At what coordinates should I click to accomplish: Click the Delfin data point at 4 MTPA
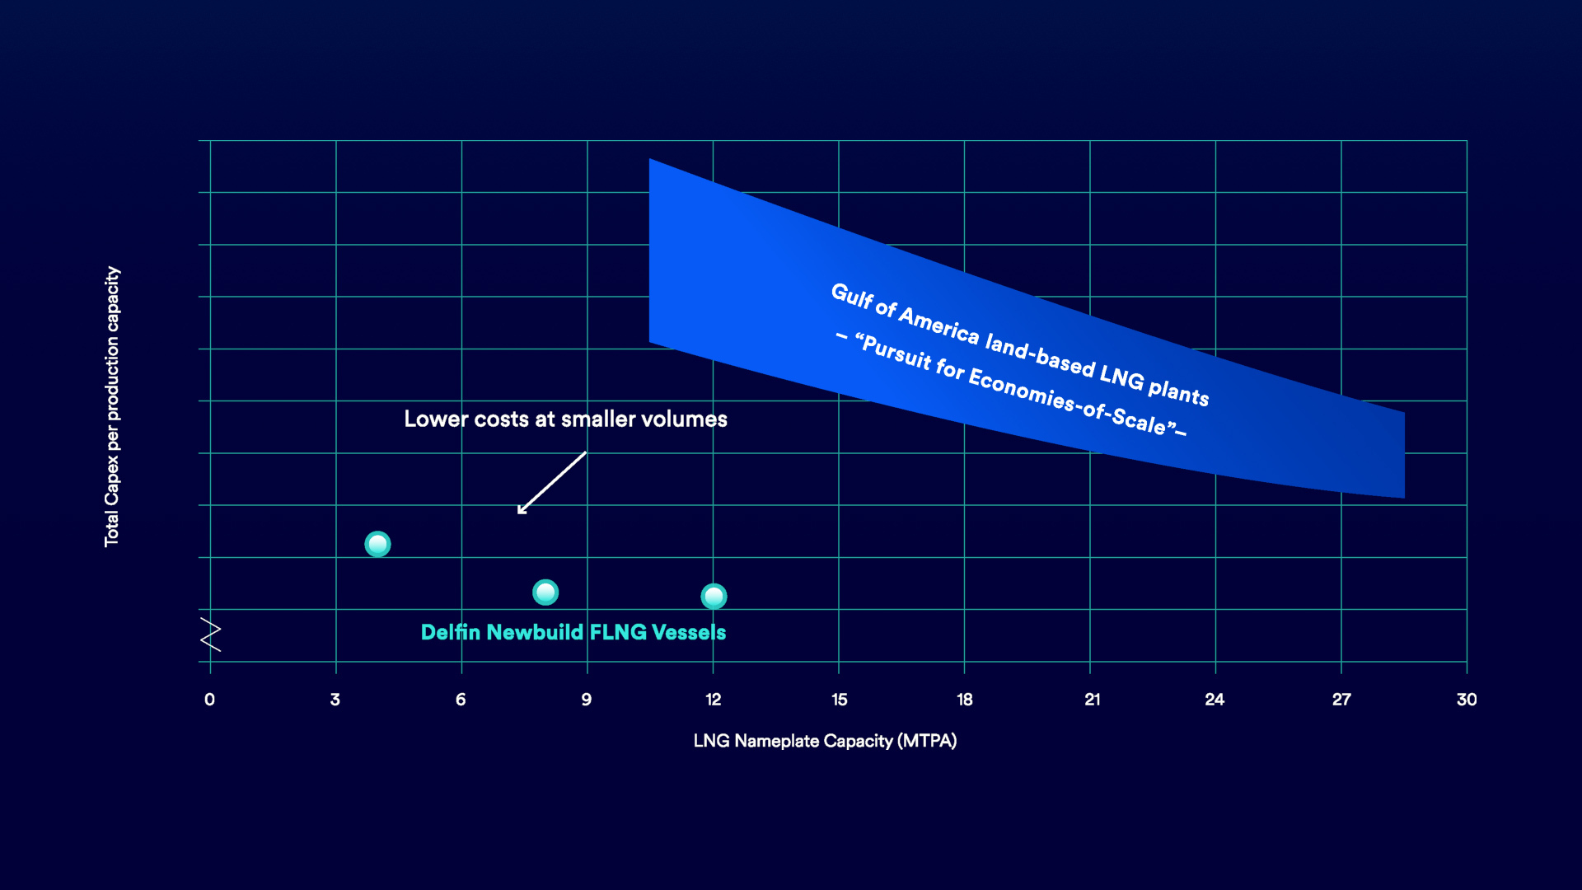tap(377, 544)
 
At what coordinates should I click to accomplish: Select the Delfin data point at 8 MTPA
tap(545, 592)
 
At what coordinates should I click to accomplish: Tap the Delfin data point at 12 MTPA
tap(714, 596)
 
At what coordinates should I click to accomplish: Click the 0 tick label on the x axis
tap(209, 700)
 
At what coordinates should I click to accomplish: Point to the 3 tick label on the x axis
tap(335, 700)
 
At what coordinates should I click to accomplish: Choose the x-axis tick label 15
tap(839, 700)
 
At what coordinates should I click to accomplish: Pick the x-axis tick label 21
tap(1092, 700)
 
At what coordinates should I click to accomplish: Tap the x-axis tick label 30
tap(1467, 700)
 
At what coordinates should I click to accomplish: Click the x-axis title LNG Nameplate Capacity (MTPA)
tap(825, 741)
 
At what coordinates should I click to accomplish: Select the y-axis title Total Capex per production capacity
tap(112, 406)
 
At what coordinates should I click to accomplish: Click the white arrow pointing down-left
tap(551, 483)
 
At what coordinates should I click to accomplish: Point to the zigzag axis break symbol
tap(211, 635)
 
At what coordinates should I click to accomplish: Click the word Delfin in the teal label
tap(450, 632)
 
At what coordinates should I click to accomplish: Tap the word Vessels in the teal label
tap(689, 632)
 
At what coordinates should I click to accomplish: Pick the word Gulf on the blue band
tap(851, 297)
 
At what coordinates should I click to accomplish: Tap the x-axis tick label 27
tap(1341, 700)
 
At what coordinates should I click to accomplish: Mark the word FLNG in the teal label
tap(618, 632)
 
